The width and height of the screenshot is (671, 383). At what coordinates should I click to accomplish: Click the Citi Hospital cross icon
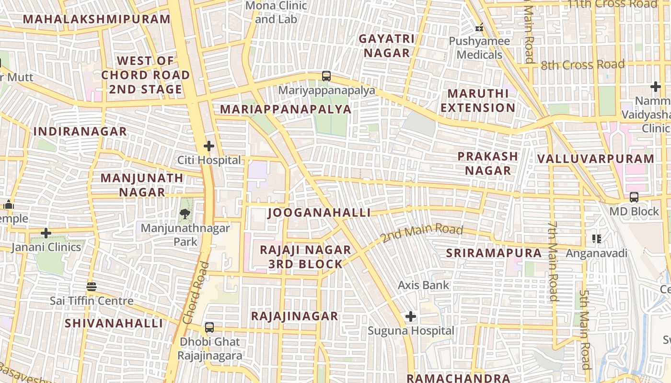(209, 146)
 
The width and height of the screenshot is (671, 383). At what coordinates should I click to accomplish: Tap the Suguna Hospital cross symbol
(411, 316)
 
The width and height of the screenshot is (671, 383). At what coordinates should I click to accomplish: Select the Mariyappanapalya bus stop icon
(326, 76)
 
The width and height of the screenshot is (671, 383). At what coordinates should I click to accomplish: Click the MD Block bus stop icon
(634, 197)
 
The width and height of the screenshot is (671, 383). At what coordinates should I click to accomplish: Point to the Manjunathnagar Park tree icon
(185, 214)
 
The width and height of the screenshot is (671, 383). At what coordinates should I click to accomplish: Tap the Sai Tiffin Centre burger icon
(92, 287)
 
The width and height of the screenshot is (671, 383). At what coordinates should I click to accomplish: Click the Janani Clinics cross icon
(46, 233)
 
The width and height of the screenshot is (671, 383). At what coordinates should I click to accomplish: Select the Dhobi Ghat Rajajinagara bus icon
(209, 327)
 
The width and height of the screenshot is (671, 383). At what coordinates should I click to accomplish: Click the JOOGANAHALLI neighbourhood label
(319, 213)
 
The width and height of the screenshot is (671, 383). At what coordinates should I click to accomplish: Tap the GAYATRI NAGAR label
(387, 45)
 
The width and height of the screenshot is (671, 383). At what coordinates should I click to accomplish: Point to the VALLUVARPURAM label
(596, 158)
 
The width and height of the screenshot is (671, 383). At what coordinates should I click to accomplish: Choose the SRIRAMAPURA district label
(494, 253)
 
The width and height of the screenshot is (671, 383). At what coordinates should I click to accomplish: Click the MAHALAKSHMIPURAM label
(97, 19)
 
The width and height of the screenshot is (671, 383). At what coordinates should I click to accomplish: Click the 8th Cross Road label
(582, 65)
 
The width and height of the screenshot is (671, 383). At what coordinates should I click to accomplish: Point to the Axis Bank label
(424, 285)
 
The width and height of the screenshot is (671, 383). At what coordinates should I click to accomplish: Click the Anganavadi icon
(597, 238)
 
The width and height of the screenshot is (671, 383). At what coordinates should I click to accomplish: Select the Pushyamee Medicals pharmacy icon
(479, 28)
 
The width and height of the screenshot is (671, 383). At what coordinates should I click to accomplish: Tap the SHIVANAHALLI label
(114, 323)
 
